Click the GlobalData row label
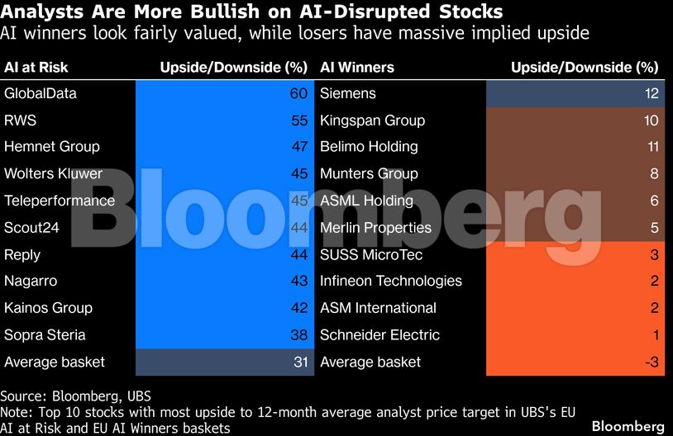pos(41,93)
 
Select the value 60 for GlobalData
pos(298,93)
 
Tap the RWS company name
pos(21,121)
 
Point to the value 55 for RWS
pos(298,121)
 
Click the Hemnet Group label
pos(52,147)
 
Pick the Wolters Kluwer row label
pos(54,174)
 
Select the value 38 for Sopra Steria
pos(298,335)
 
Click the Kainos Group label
pos(49,308)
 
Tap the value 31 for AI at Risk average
pos(299,363)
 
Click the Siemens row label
pos(348,93)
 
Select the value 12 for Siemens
pos(651,93)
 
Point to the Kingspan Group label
pos(373,121)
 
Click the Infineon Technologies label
pos(391,282)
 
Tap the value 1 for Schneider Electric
pos(654,335)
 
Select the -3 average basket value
pos(650,363)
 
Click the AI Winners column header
pos(357,67)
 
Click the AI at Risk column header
pos(36,67)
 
